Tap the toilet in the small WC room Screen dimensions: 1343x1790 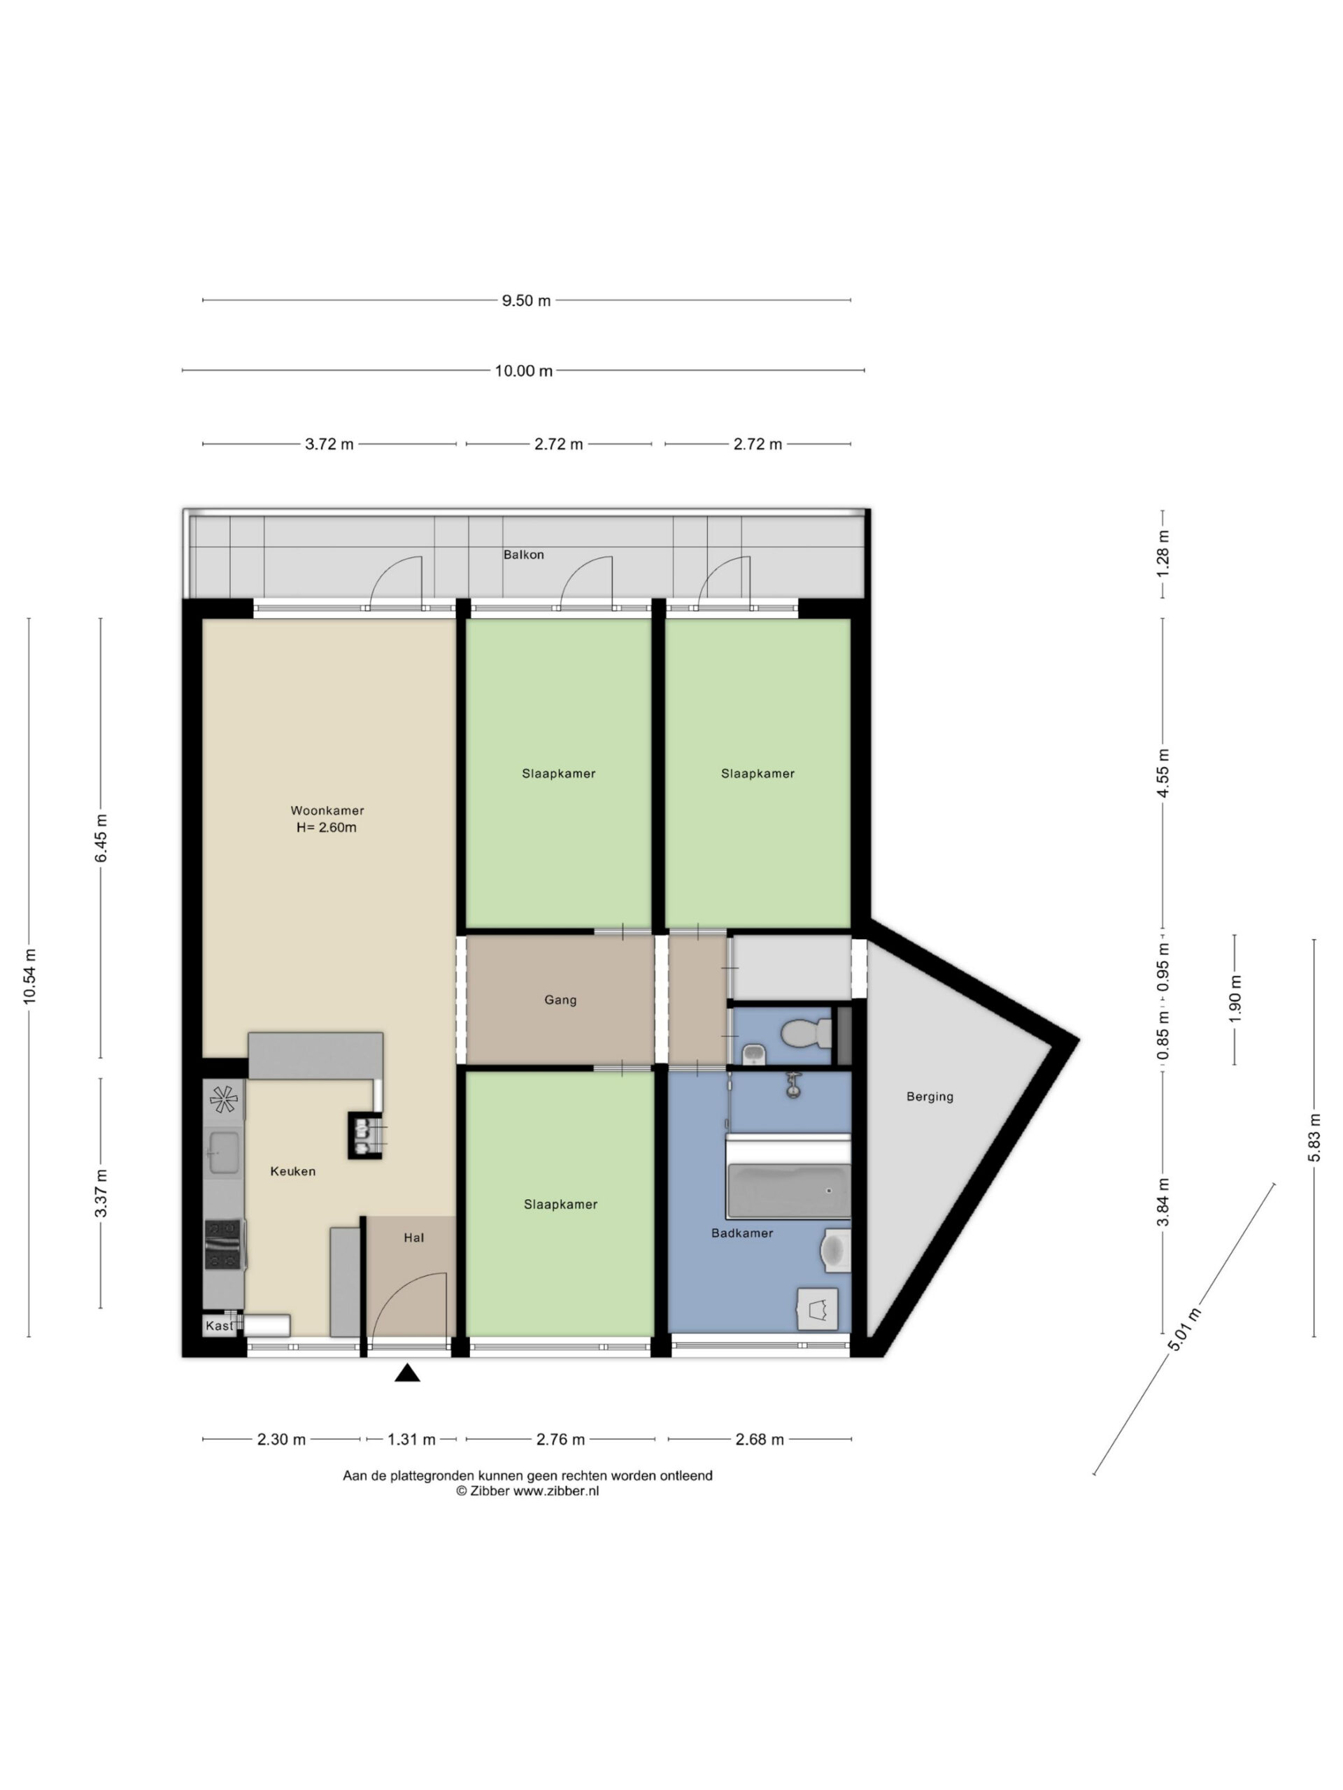tap(806, 1033)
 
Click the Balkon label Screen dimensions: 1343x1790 tap(524, 554)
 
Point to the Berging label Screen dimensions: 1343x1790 tap(930, 1097)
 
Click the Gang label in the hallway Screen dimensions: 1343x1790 tap(560, 1000)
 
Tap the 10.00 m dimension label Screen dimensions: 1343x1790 tap(524, 371)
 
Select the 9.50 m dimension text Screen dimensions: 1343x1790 tap(526, 300)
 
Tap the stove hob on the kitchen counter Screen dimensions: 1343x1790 tap(223, 1245)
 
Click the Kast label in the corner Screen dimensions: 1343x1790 tap(218, 1326)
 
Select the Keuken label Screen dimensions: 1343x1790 tap(293, 1171)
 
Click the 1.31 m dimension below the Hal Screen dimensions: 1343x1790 tap(411, 1439)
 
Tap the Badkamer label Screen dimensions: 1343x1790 tap(742, 1233)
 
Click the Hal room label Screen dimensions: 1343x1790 tap(413, 1238)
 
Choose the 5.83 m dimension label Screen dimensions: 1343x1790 tap(1314, 1137)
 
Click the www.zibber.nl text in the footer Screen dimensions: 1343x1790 tap(556, 1491)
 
